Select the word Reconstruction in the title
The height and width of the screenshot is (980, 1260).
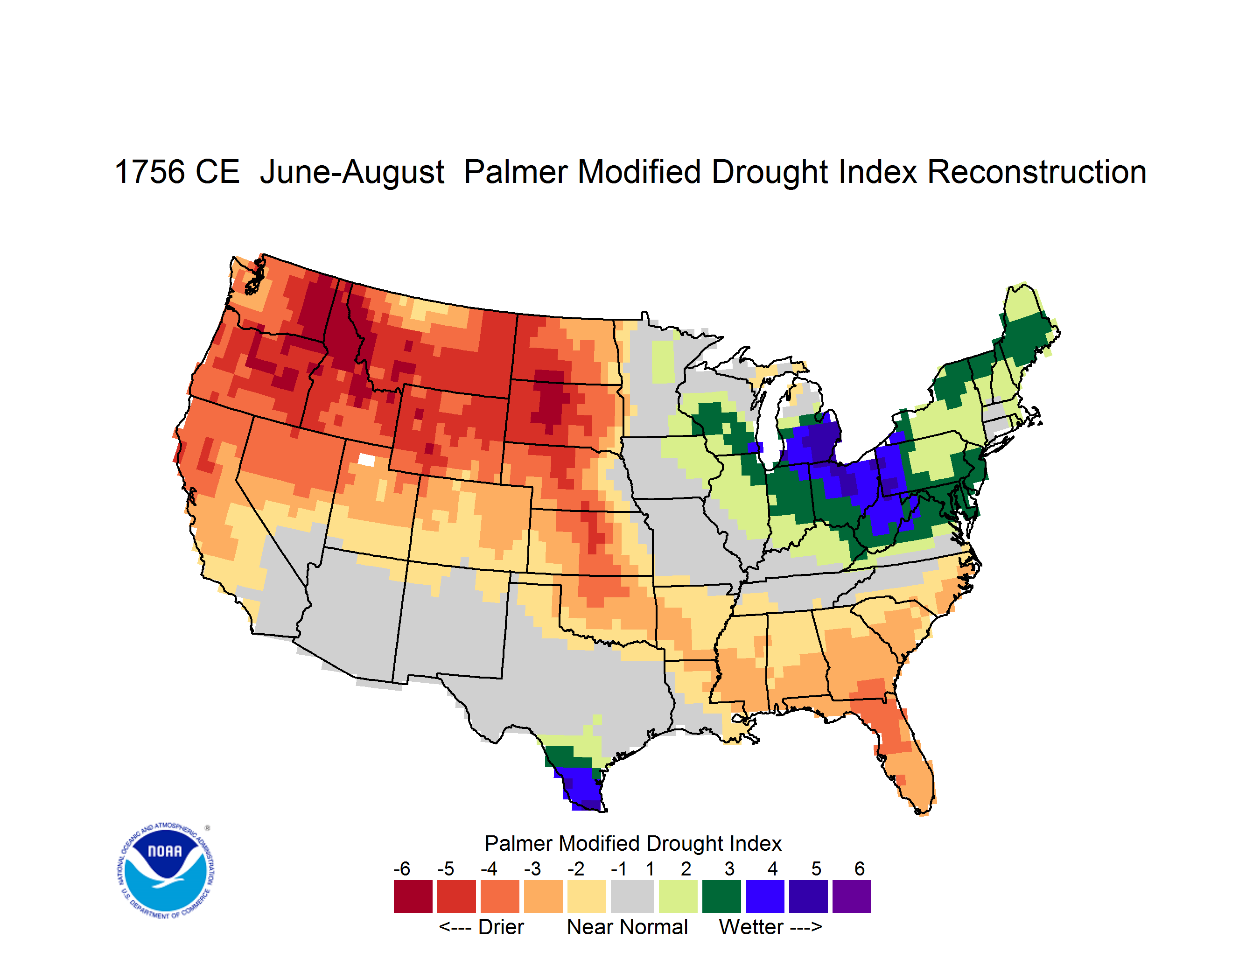(1037, 172)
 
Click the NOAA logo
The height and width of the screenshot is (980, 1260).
(166, 871)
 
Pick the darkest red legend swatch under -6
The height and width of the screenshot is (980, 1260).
(413, 896)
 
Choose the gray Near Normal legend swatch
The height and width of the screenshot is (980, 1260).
(632, 896)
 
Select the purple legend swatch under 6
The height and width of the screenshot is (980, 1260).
(852, 896)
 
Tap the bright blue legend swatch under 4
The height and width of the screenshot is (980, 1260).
(765, 896)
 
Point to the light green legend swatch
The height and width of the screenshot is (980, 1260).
(678, 896)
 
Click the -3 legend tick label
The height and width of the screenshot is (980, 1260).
(532, 868)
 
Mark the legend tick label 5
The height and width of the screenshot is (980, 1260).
(816, 868)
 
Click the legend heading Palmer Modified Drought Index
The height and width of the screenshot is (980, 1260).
(633, 843)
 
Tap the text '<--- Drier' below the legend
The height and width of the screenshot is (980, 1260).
(481, 927)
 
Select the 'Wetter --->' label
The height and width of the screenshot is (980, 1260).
(770, 927)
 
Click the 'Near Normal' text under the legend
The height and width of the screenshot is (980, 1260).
(627, 927)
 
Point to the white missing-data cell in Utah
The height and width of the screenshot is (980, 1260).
(366, 459)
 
